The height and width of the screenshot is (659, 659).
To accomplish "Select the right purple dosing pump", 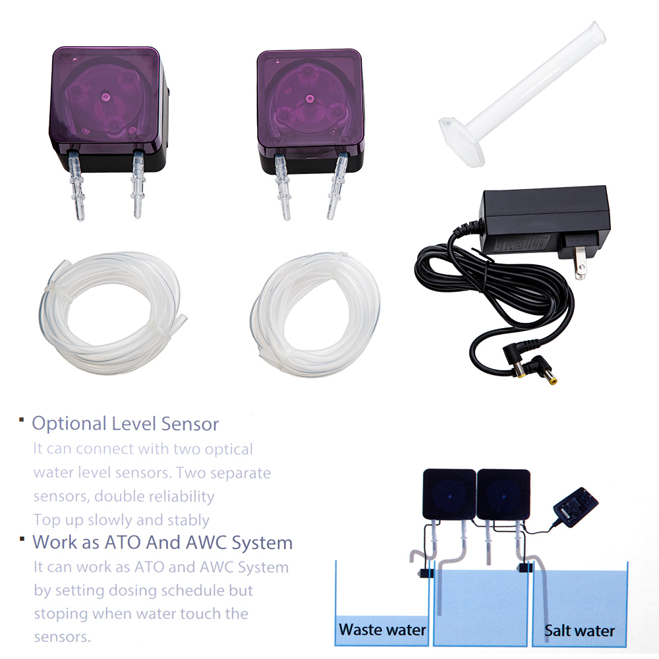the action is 310,113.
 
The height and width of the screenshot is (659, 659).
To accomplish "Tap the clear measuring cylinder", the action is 522,94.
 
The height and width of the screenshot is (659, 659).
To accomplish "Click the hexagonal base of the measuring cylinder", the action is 461,141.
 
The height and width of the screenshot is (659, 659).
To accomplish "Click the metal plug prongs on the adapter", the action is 580,263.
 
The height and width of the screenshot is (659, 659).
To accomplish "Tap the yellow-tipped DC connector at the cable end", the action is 548,376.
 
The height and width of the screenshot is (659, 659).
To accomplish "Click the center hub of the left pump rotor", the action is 105,97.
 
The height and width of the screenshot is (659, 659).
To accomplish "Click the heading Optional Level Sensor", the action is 125,424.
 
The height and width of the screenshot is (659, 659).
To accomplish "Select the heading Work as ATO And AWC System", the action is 162,542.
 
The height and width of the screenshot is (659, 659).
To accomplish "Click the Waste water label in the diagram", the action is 382,629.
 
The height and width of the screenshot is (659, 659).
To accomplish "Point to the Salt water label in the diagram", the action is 579,631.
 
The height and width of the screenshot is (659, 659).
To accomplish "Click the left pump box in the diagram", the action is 449,494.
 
